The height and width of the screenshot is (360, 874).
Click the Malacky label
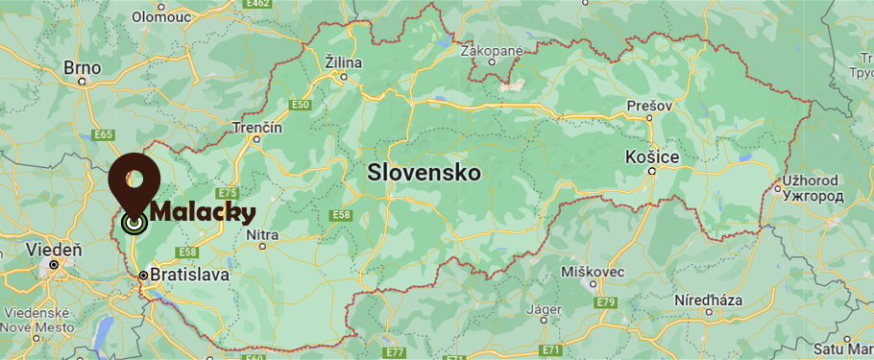coord(203,212)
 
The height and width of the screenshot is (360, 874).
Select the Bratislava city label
coord(190,276)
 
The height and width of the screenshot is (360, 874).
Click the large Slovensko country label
coord(424,173)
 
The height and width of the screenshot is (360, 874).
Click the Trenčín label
coord(258,127)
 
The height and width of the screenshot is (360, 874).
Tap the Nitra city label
coord(262,234)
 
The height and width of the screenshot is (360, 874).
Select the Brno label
coord(82,67)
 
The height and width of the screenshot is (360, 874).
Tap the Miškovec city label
coord(594,271)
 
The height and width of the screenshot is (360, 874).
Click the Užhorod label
coord(812,180)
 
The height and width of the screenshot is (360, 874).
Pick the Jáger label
coord(544,309)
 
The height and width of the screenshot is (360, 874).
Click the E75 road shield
coord(227,193)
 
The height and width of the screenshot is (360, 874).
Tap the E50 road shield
coord(302,105)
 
